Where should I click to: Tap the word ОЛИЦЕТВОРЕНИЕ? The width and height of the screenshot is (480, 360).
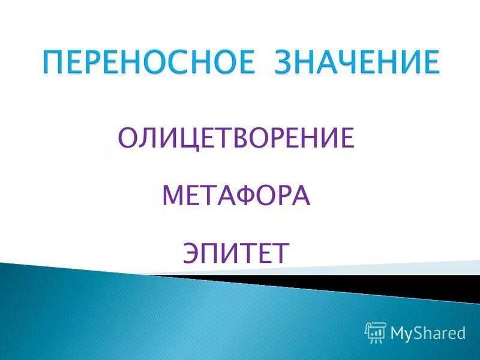[x=235, y=138]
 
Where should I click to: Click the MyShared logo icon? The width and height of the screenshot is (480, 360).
[x=375, y=332]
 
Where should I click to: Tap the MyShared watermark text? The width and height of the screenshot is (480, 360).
[x=428, y=332]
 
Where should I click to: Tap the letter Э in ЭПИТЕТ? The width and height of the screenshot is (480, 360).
[x=192, y=253]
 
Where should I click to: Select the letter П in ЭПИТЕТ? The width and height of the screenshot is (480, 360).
[x=212, y=253]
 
